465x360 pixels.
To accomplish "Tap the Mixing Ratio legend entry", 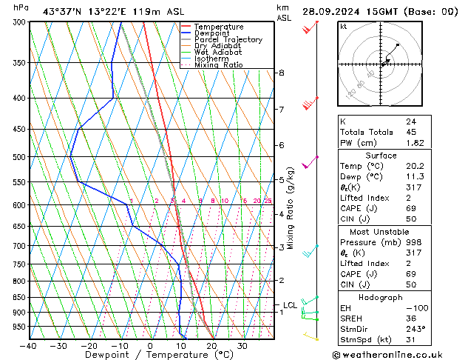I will [219, 65].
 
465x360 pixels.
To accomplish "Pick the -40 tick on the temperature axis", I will [28, 346].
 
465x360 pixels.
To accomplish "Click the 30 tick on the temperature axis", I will [242, 346].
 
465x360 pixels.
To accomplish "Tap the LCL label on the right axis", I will [290, 304].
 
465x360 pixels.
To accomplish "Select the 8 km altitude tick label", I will [281, 73].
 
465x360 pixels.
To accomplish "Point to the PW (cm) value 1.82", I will [415, 143].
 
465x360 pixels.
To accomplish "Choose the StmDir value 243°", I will [415, 328].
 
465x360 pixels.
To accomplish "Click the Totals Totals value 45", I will [410, 132].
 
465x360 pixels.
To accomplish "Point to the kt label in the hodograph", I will [343, 26].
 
